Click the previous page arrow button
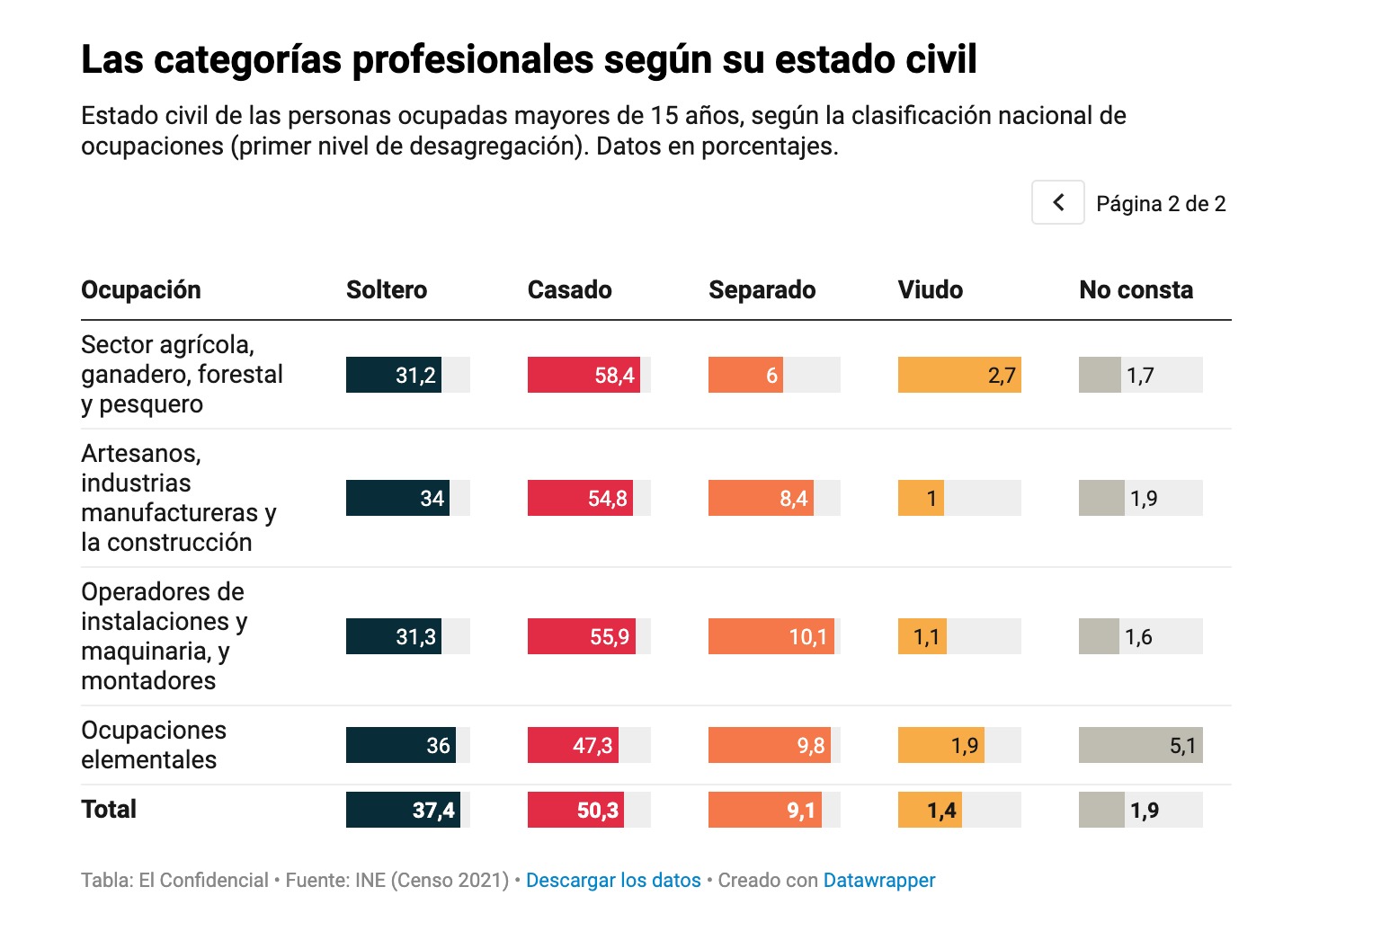click(1057, 203)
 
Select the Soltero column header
click(387, 289)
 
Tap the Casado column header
click(569, 289)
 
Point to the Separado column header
click(762, 289)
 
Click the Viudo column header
click(930, 289)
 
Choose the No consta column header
click(1136, 289)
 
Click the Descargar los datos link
click(613, 880)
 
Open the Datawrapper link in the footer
click(879, 880)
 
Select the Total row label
click(109, 809)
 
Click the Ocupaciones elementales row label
click(153, 745)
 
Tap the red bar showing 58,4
click(584, 375)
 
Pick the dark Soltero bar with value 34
click(397, 498)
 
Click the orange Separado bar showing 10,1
click(771, 636)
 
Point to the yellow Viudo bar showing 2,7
click(959, 375)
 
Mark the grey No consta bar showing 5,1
click(1140, 745)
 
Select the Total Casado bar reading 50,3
click(575, 810)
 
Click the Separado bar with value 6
click(745, 375)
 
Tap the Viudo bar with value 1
click(921, 498)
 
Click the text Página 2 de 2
click(1161, 204)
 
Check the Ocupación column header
click(141, 289)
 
